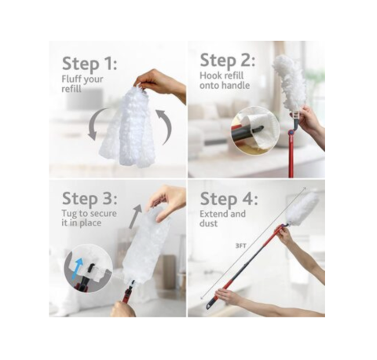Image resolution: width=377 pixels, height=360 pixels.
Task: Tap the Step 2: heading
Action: tap(228, 61)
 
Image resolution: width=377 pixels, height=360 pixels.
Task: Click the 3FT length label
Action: tap(240, 244)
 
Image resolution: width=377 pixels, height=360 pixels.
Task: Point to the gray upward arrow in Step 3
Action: tap(135, 215)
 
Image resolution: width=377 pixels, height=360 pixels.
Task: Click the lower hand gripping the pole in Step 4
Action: tap(231, 297)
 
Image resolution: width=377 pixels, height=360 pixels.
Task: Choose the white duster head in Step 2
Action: tap(291, 83)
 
